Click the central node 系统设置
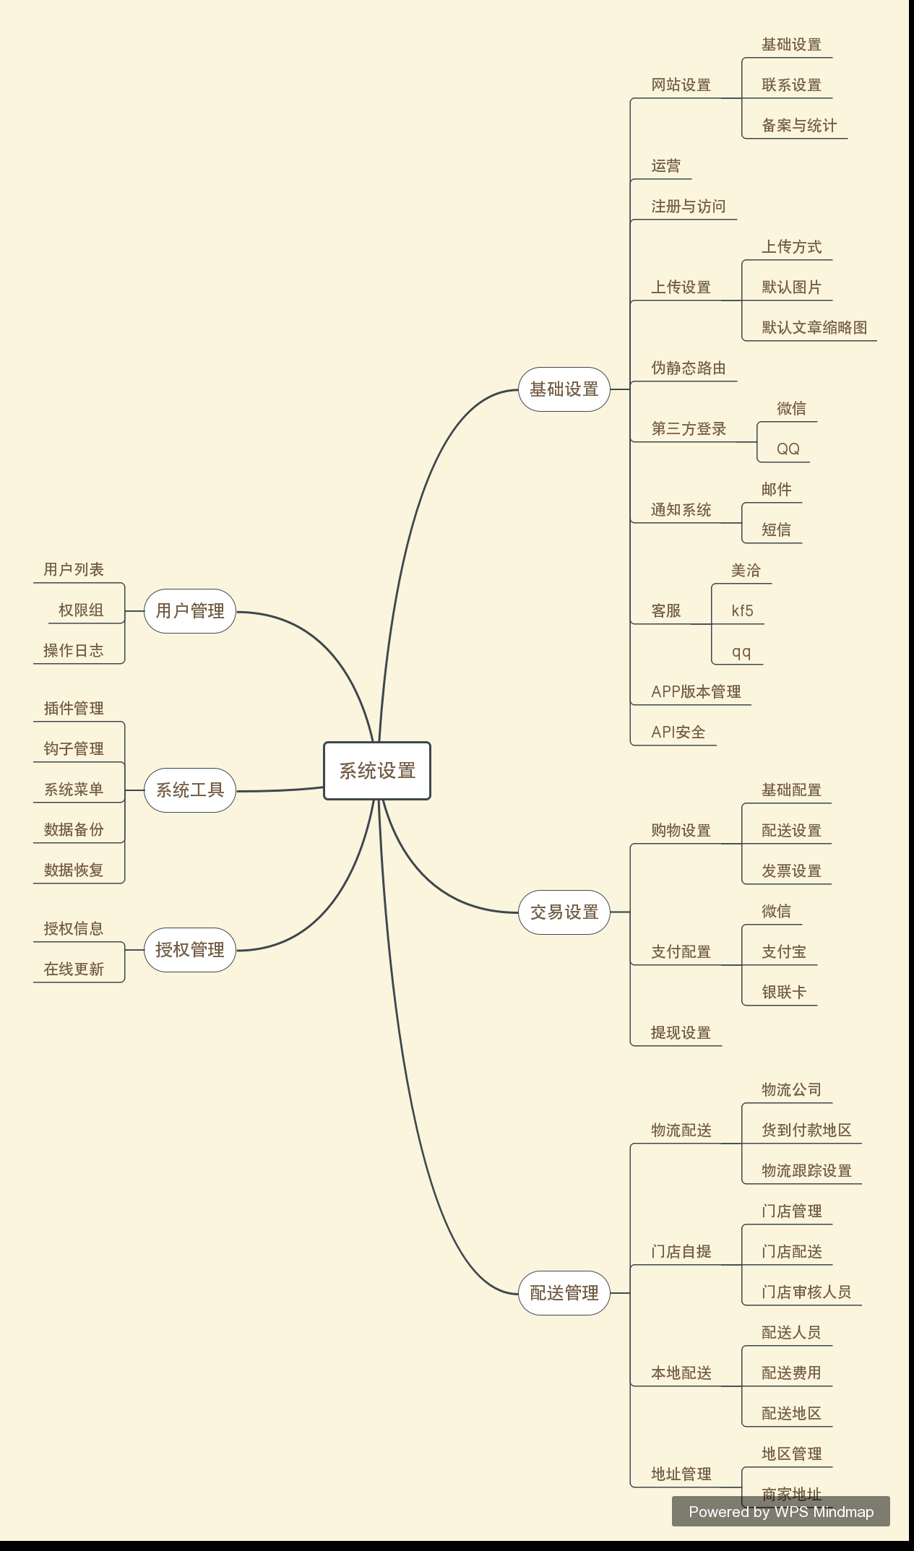click(x=377, y=771)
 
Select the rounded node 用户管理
click(x=190, y=611)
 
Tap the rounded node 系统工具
click(x=190, y=790)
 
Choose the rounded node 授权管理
click(x=190, y=950)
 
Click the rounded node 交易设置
click(x=564, y=912)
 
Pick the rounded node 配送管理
click(x=564, y=1293)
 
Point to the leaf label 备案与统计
click(x=799, y=126)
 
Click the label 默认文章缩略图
click(x=814, y=328)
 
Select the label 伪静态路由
click(x=689, y=368)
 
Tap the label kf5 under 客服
click(x=742, y=611)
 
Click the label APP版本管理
click(x=696, y=692)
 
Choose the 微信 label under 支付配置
click(x=776, y=912)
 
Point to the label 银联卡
click(x=783, y=993)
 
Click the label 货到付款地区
click(x=806, y=1131)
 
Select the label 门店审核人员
click(x=806, y=1292)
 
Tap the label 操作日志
click(x=74, y=651)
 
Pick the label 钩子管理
click(x=74, y=749)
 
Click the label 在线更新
click(x=74, y=969)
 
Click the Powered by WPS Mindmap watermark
click(x=781, y=1512)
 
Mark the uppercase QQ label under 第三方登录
click(x=788, y=449)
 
